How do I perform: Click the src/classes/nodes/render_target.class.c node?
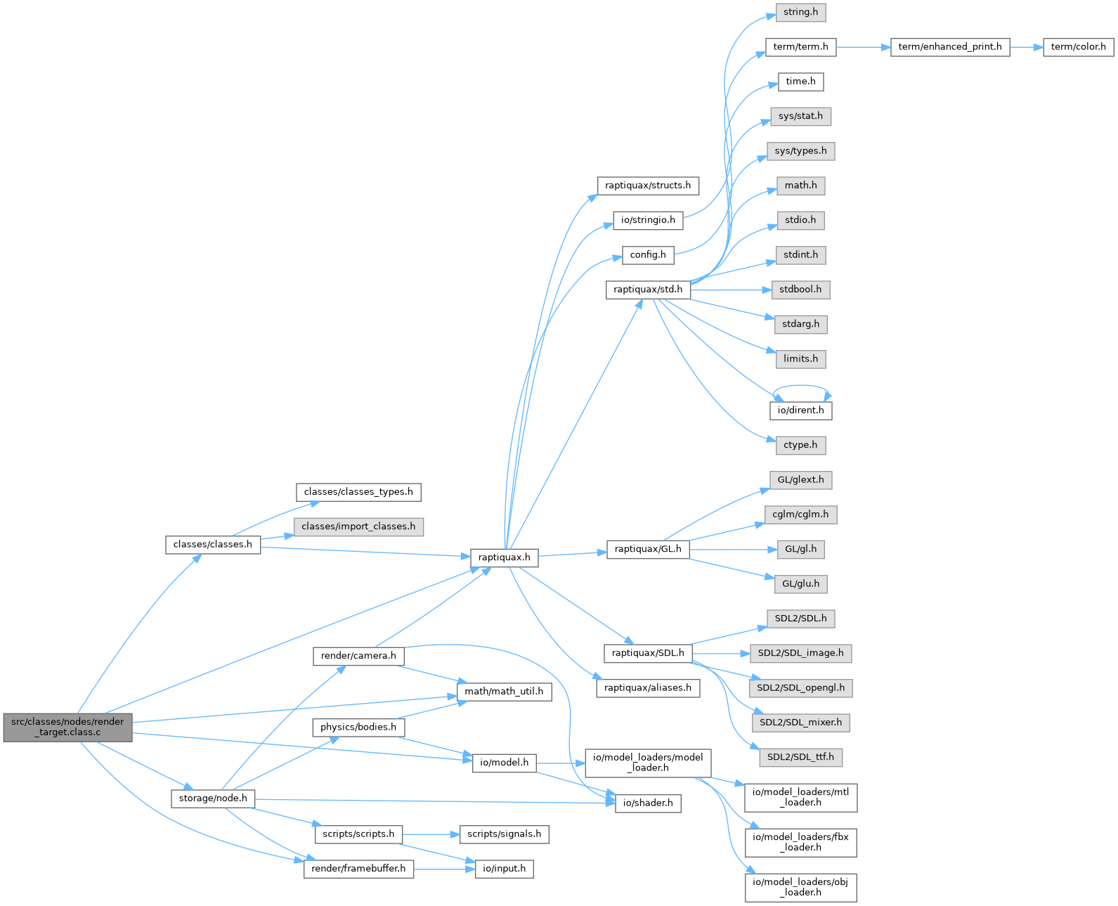coord(67,727)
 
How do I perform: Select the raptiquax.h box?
coord(504,557)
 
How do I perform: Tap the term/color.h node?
coord(1078,47)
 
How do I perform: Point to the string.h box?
coord(800,12)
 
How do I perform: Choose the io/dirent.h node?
coord(800,410)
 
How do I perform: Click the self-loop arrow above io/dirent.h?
coord(800,387)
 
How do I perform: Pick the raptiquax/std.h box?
coord(648,290)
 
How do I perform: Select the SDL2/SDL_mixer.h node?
coord(800,723)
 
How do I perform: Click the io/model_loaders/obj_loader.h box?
coord(800,888)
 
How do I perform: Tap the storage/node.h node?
coord(213,799)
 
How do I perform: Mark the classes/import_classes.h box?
coord(358,527)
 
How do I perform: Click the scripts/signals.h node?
coord(504,834)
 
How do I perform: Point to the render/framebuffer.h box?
coord(358,869)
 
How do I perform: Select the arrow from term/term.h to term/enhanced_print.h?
coord(864,47)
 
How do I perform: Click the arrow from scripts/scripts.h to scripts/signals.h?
coord(431,834)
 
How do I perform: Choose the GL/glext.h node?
coord(800,480)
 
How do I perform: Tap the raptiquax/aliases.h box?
coord(648,688)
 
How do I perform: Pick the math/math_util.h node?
coord(504,692)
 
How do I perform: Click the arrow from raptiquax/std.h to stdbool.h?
coord(731,290)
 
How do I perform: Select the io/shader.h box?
coord(648,803)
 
